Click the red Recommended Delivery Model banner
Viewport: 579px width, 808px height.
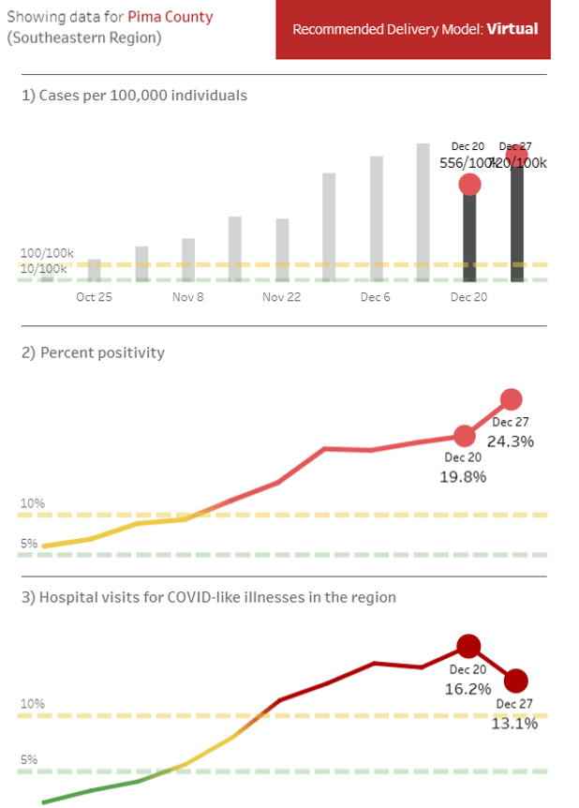[413, 29]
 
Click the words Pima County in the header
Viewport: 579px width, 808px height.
[170, 17]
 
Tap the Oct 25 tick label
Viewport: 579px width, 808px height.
[94, 297]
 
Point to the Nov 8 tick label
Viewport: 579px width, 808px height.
[187, 297]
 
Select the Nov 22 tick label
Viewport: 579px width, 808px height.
[281, 297]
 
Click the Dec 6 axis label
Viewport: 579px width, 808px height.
[375, 297]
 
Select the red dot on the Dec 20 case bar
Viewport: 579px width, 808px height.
[469, 185]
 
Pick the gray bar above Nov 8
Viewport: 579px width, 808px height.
[188, 260]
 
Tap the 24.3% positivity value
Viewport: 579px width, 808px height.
[511, 441]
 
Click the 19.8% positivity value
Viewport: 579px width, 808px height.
[463, 476]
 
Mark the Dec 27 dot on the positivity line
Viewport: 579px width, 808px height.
[511, 400]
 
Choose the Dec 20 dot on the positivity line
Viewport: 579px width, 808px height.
[465, 436]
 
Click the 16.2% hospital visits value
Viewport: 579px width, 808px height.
[468, 689]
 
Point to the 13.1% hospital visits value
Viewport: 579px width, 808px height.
[514, 724]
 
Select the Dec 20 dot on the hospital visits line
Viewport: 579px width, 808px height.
[468, 645]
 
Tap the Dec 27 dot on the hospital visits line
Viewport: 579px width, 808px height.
[515, 681]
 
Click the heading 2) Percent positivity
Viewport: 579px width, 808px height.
[92, 353]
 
